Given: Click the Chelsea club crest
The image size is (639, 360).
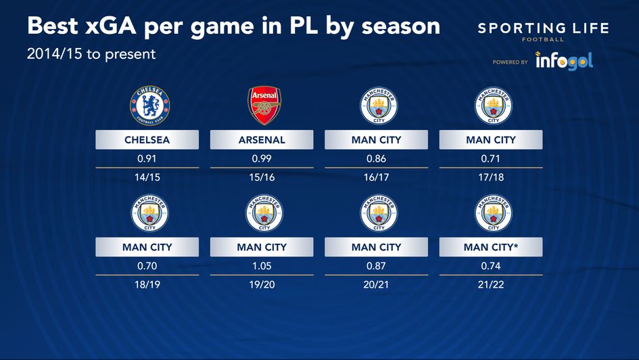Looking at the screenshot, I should tap(149, 106).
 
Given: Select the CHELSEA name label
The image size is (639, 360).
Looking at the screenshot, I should tap(147, 140).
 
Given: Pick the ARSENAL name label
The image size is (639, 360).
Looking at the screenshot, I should tap(262, 140).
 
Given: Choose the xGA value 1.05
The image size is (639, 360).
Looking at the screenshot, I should tap(262, 266).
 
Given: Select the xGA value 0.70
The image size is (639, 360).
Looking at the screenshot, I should tap(147, 266).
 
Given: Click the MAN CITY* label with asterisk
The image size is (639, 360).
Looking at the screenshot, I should tap(491, 248).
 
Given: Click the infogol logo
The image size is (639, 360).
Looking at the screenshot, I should tap(564, 61).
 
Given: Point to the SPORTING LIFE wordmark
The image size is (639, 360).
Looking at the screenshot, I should tap(543, 28).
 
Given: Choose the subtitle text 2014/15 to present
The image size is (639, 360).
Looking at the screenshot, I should tap(91, 53).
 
